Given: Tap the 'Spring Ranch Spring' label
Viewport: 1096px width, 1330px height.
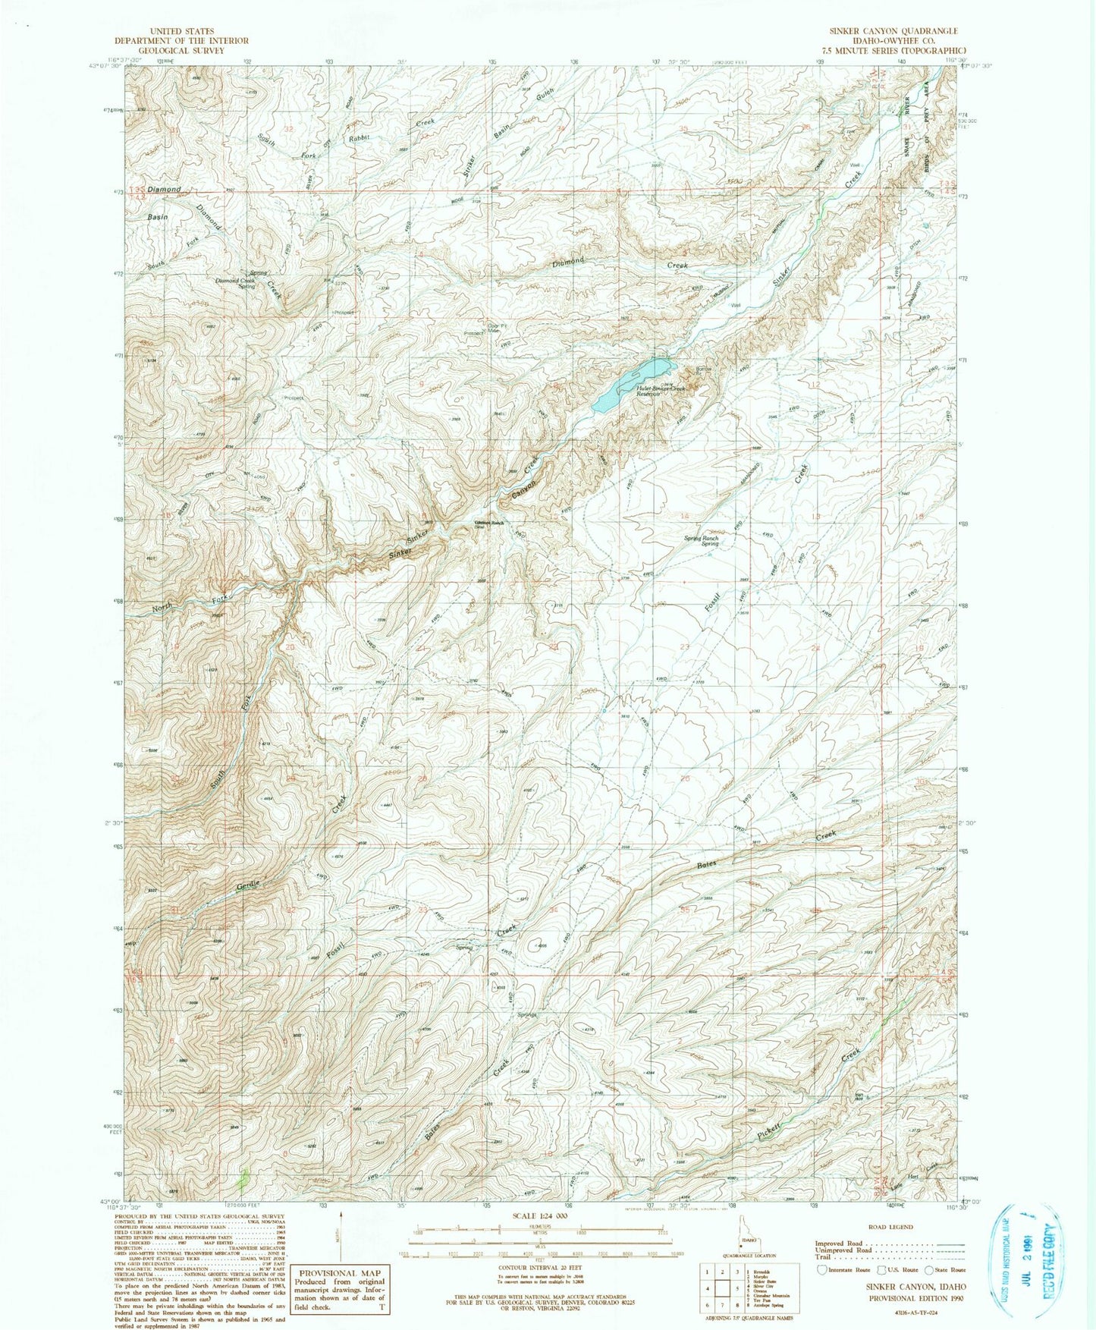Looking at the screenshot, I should click(x=700, y=541).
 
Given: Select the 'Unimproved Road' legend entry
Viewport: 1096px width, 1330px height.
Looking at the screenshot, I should click(x=843, y=1250).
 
